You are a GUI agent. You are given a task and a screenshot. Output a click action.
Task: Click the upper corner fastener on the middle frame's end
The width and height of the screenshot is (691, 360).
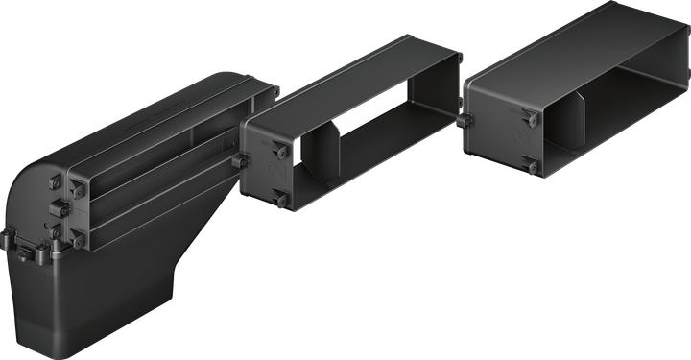(x=279, y=149)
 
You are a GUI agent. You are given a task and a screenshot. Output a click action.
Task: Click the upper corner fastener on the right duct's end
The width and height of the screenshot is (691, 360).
(x=529, y=118)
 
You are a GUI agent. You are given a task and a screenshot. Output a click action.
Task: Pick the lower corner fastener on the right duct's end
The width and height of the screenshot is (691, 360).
(x=530, y=167)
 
